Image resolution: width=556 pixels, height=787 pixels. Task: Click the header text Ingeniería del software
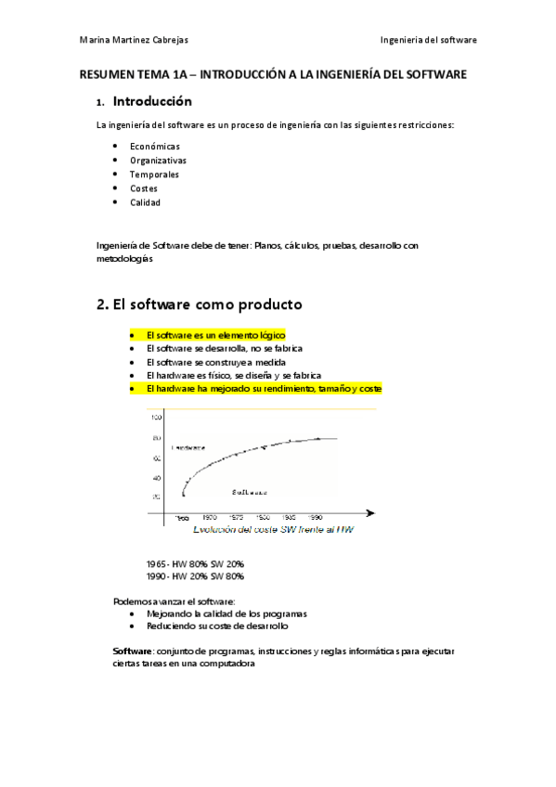tap(428, 40)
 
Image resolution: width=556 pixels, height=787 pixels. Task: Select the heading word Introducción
tap(152, 101)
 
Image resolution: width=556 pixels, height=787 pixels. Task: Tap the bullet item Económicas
tap(155, 147)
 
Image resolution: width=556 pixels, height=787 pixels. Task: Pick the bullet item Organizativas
tap(158, 161)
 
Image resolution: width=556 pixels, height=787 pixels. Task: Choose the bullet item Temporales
tap(154, 174)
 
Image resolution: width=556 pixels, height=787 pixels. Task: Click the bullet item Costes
tap(144, 188)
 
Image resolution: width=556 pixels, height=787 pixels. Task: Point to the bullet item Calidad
tap(146, 202)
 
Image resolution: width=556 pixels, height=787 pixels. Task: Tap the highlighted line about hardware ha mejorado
tap(264, 389)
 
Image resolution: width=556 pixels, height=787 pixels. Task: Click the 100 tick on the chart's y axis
tap(156, 418)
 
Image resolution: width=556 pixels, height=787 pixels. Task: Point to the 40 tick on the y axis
tap(156, 477)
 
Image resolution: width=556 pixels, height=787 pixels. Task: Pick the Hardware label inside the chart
tap(189, 447)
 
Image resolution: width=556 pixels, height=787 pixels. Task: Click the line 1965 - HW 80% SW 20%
tap(195, 563)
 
